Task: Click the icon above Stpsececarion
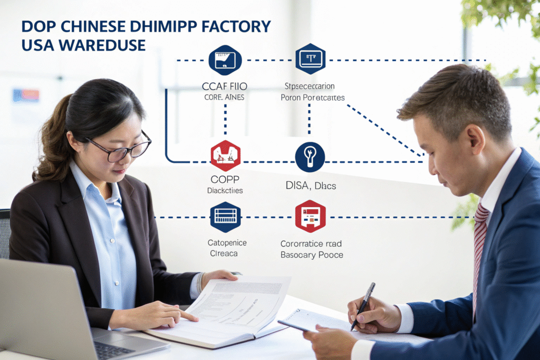[310, 59]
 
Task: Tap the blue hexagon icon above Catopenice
[225, 217]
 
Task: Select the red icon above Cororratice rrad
[310, 216]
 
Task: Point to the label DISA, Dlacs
[310, 186]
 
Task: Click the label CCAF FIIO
[225, 86]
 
